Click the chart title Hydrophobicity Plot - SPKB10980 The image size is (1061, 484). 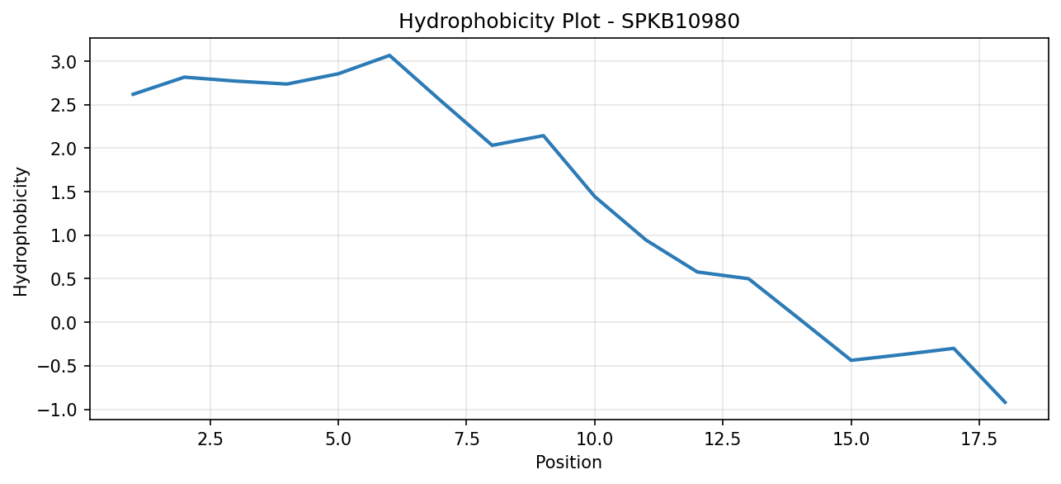569,21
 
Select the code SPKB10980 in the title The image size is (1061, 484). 680,21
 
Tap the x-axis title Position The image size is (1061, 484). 568,463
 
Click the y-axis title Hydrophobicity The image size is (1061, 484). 21,232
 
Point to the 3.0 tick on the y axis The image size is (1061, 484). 64,62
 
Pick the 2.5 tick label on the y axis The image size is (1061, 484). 64,105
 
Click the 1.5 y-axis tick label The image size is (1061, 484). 64,192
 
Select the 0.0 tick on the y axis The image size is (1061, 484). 64,322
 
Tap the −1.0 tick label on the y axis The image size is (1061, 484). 57,410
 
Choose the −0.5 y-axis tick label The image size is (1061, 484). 57,366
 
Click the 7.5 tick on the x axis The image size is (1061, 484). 466,439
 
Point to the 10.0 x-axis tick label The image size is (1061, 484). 595,439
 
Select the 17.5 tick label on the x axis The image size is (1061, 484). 979,439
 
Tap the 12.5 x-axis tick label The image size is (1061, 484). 723,439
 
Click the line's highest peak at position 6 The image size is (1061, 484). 389,55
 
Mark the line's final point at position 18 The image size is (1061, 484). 1005,403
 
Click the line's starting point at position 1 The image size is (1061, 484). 133,95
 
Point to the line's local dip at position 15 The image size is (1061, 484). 851,360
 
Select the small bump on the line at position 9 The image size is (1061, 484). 544,135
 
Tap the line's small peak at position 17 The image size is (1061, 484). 954,349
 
